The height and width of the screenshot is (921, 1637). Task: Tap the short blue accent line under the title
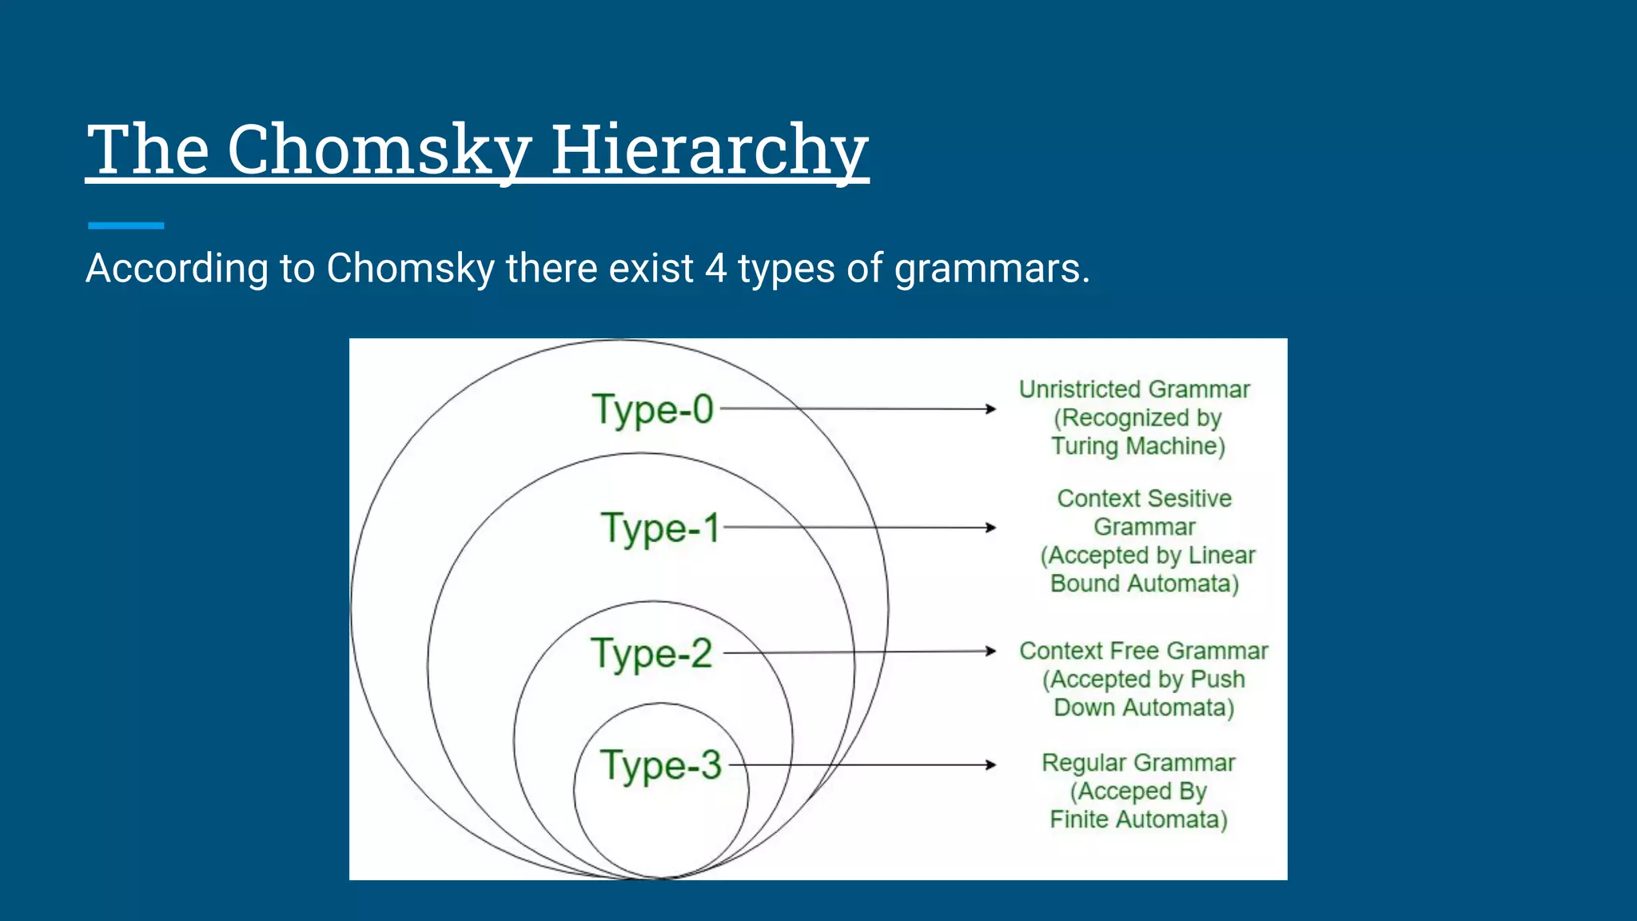[125, 226]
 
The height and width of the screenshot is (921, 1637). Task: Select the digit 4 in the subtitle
[715, 269]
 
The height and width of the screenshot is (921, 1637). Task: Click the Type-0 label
[652, 410]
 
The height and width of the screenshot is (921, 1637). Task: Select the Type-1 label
[660, 528]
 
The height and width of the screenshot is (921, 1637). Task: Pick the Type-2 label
[651, 654]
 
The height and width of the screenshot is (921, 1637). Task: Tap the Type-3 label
[660, 765]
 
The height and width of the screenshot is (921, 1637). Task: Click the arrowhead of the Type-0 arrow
[991, 409]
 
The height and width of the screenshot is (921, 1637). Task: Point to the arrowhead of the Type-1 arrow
[991, 528]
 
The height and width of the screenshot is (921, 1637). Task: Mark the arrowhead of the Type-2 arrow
[991, 651]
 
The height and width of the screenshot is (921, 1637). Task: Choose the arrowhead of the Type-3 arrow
[991, 765]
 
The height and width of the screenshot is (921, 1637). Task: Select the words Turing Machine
[1137, 446]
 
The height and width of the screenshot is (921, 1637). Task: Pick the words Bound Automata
[1144, 584]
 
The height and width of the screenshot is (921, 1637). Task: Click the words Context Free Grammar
[1143, 652]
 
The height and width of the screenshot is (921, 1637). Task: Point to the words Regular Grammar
[1138, 764]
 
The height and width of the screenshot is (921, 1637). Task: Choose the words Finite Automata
[1138, 819]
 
